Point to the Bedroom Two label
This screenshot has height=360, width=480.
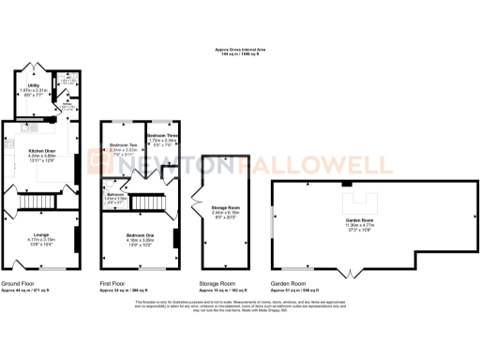click(123, 145)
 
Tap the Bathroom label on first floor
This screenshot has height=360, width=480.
click(114, 197)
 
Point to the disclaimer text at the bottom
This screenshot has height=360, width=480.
click(239, 306)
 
